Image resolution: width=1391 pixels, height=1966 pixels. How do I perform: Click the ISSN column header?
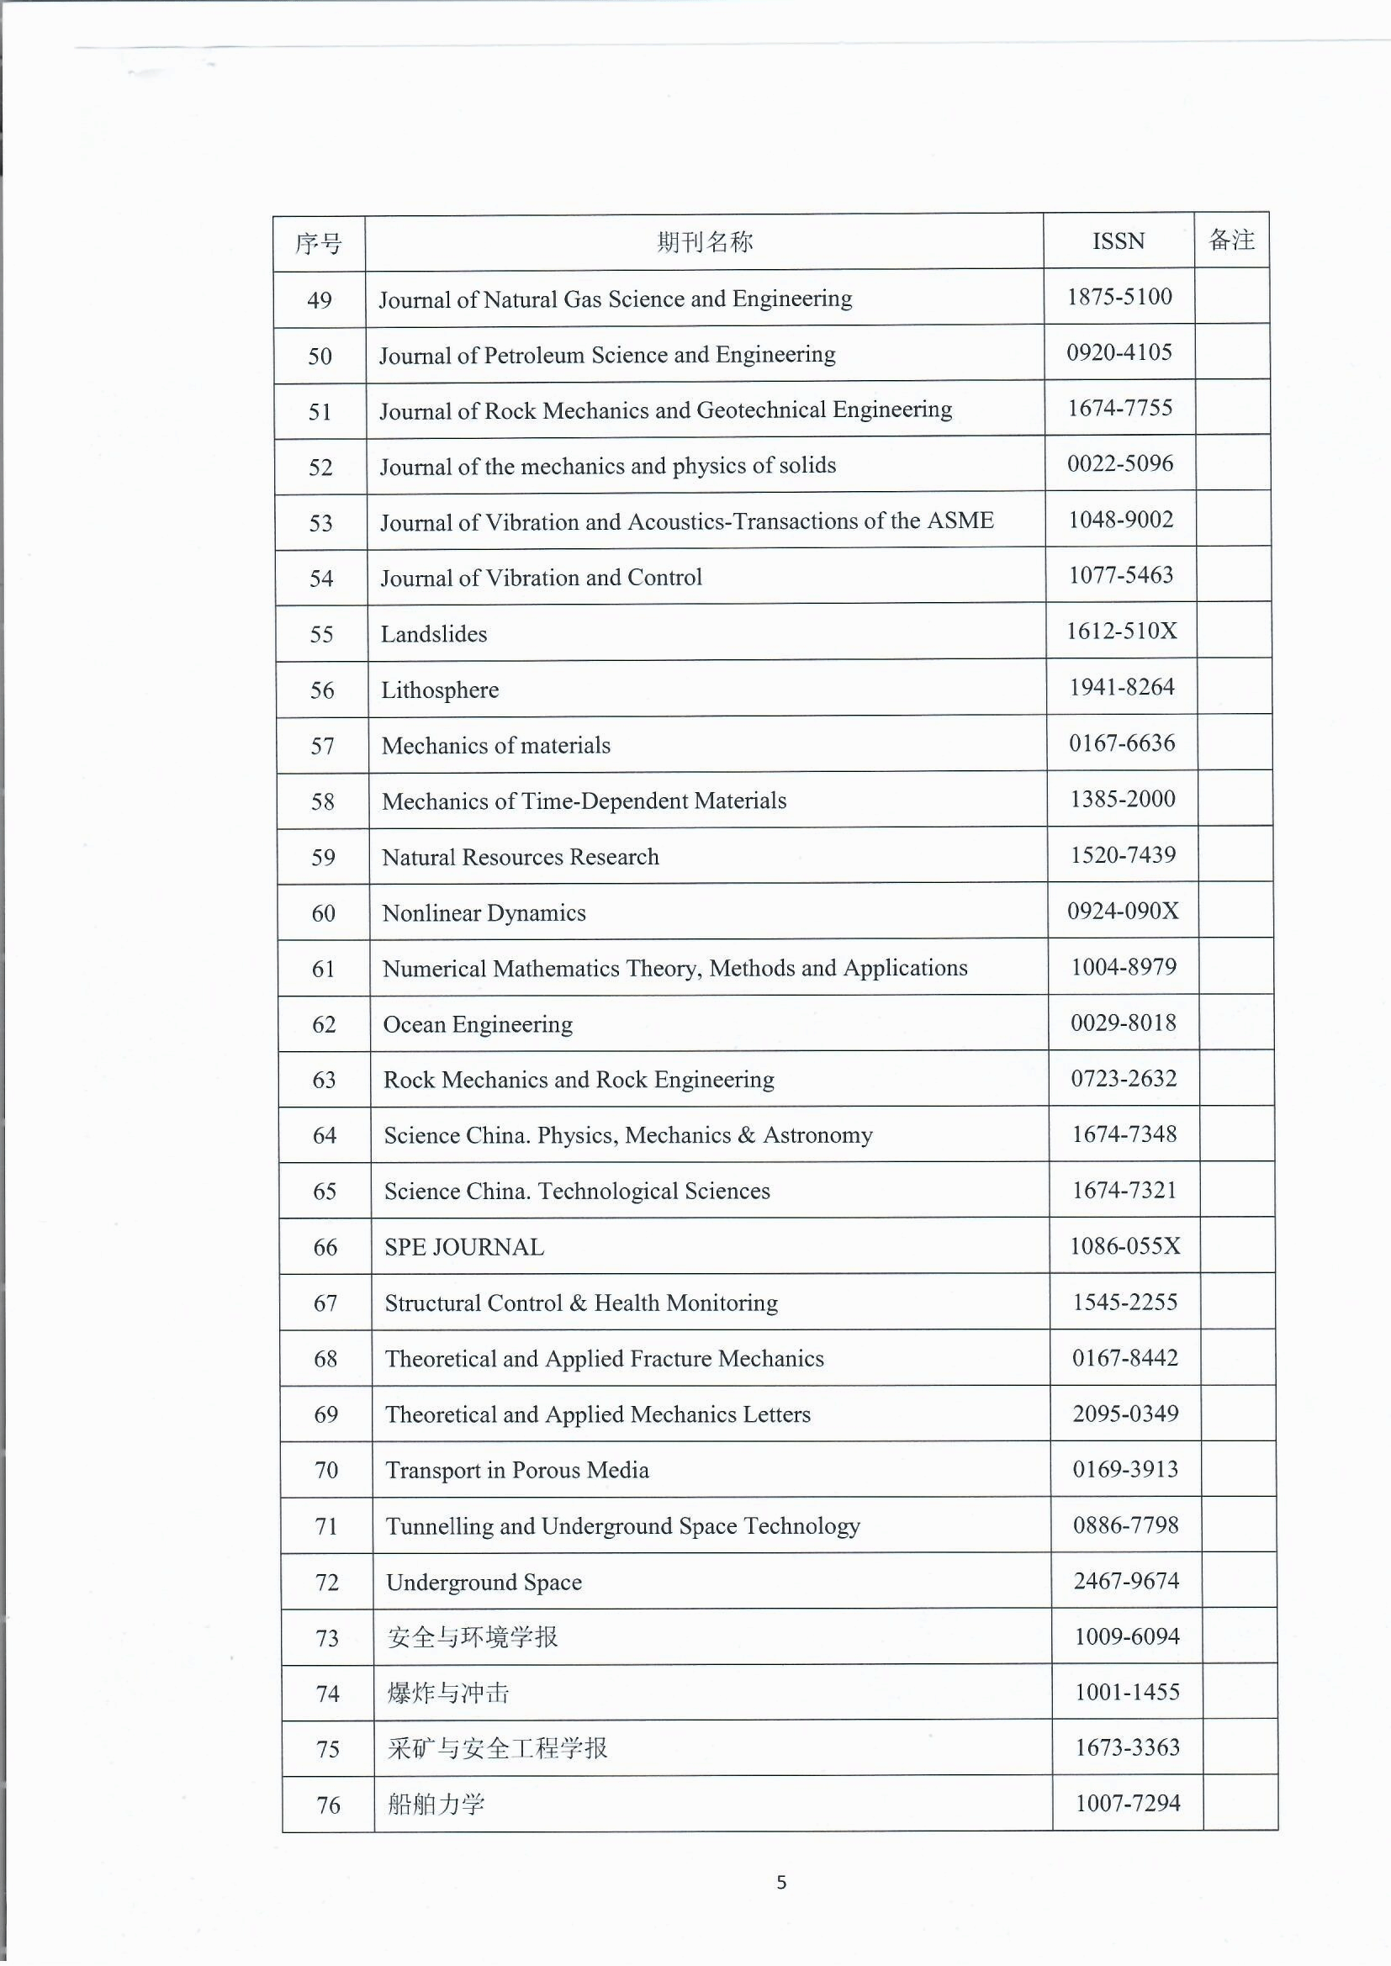tap(1118, 241)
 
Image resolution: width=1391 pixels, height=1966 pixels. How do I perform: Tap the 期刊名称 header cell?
tap(704, 242)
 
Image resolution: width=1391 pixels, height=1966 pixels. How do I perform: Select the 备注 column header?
tap(1231, 240)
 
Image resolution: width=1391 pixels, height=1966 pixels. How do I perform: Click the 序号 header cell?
tap(319, 244)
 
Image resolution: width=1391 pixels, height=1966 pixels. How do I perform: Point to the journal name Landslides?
tap(433, 635)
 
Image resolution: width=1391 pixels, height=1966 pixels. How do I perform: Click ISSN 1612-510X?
tap(1121, 631)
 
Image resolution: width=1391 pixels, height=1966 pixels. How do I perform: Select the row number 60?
tap(323, 914)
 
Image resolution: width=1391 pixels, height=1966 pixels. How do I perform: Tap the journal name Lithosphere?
tap(439, 690)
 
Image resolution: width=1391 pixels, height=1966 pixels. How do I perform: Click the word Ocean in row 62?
tap(414, 1025)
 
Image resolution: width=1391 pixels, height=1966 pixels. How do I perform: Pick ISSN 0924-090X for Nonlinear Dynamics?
tap(1123, 910)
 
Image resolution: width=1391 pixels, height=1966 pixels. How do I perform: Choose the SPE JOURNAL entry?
tap(463, 1248)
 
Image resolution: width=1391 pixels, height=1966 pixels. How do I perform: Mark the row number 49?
tap(320, 300)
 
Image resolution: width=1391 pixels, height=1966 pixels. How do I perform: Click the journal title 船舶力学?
tap(436, 1805)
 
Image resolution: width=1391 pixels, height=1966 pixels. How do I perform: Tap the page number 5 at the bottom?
tap(781, 1882)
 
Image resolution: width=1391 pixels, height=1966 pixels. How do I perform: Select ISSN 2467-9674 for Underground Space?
tap(1126, 1580)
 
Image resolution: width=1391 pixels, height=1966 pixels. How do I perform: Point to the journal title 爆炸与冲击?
tap(448, 1693)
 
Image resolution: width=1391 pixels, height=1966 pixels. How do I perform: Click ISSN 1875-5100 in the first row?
tap(1119, 296)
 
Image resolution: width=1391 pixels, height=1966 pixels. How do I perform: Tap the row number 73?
tap(327, 1638)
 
